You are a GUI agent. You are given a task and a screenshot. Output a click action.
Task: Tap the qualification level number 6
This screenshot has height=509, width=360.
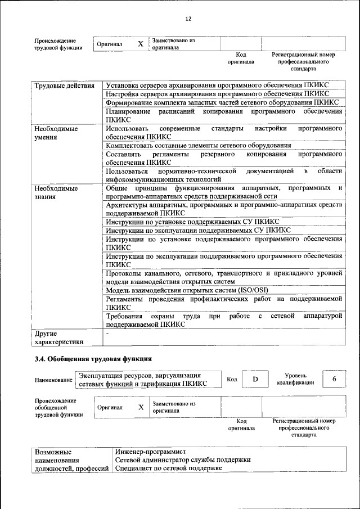334,379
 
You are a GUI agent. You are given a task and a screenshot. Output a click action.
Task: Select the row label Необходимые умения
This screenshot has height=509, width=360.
56,133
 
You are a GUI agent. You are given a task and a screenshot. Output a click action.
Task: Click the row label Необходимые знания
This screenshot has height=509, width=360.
56,192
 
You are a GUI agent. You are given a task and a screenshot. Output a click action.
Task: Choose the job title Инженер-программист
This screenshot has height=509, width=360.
150,451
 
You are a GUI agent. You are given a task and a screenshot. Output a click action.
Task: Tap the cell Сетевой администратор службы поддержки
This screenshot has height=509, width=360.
182,460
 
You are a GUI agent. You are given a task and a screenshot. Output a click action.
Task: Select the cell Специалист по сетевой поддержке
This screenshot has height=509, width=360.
168,468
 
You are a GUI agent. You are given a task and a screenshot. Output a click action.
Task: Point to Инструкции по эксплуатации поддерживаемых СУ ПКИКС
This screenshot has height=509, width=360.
198,230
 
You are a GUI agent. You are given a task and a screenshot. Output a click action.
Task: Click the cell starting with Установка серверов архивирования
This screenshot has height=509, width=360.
217,85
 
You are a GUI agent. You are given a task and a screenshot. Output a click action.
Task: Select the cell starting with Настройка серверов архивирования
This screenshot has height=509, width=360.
217,94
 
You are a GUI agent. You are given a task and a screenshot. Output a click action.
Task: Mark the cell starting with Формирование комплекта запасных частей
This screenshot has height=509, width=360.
222,102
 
